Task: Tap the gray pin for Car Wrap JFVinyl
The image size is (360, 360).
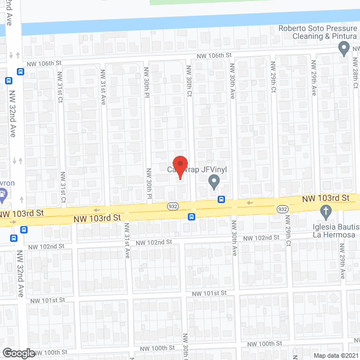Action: (214, 182)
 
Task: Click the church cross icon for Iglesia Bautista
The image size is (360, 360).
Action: (325, 212)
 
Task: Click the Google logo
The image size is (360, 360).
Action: (18, 353)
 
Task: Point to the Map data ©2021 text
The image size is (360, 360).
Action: (335, 355)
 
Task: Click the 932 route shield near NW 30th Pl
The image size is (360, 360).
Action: (173, 206)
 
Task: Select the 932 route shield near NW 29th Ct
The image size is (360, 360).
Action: (283, 209)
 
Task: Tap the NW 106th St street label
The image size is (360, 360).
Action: (214, 56)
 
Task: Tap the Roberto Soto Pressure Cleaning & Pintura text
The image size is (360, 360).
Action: (318, 33)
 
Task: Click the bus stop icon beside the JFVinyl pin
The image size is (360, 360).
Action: (222, 199)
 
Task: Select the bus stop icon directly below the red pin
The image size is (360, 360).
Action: (192, 217)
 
